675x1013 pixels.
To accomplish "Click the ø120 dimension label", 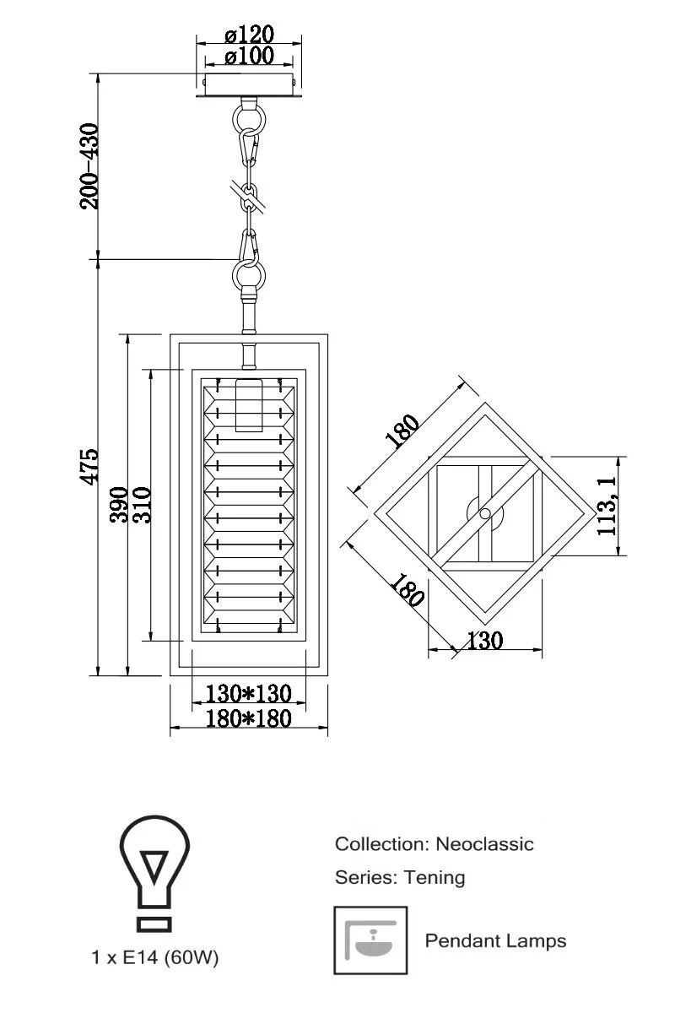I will point(250,35).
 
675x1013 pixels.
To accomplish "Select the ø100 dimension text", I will point(250,56).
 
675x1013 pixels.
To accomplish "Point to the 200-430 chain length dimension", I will point(89,165).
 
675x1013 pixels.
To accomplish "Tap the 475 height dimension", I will point(89,467).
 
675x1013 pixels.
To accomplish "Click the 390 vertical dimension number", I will point(118,504).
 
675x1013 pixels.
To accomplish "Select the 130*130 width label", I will point(249,694).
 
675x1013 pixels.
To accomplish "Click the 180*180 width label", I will point(249,718).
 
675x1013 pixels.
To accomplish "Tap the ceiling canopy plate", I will point(248,86).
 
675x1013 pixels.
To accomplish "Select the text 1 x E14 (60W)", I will point(155,958).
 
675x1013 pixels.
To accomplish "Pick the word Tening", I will point(435,877).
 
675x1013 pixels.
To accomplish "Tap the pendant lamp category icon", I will point(370,940).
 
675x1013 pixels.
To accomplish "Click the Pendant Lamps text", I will point(495,940).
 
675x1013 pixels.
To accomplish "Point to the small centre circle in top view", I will point(484,513).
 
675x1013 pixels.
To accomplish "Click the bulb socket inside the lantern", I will point(247,405).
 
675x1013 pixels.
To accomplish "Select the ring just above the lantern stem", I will point(249,274).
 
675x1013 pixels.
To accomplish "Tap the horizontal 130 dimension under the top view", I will point(484,641).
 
